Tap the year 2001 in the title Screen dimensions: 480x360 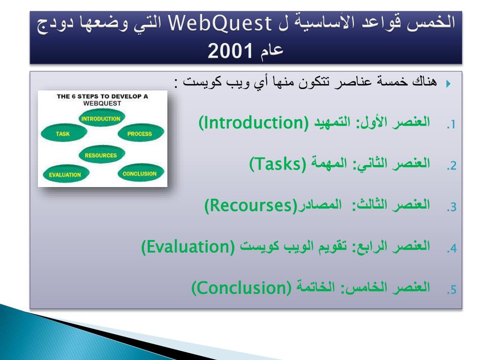pyautogui.click(x=230, y=51)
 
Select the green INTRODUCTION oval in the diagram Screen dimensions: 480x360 pyautogui.click(x=102, y=118)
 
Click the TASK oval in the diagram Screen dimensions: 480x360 pyautogui.click(x=64, y=133)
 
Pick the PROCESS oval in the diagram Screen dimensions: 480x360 pyautogui.click(x=141, y=133)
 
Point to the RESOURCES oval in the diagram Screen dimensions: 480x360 pyautogui.click(x=102, y=155)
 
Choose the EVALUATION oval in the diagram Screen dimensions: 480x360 pyautogui.click(x=65, y=174)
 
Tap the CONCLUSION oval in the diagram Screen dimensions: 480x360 pyautogui.click(x=141, y=173)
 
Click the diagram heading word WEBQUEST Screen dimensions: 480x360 pyautogui.click(x=102, y=104)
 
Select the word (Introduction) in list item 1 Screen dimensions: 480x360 pyautogui.click(x=254, y=123)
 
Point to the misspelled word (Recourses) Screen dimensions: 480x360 pyautogui.click(x=251, y=205)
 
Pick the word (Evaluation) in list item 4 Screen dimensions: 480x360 pyautogui.click(x=188, y=247)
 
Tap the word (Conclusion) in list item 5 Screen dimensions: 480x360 pyautogui.click(x=241, y=288)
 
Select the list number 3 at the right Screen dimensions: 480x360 pyautogui.click(x=451, y=207)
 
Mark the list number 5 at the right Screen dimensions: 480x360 pyautogui.click(x=451, y=290)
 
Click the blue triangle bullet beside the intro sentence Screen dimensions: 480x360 pyautogui.click(x=448, y=83)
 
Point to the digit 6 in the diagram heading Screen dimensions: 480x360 pyautogui.click(x=74, y=97)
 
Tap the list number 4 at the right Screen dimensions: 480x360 pyautogui.click(x=451, y=248)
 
